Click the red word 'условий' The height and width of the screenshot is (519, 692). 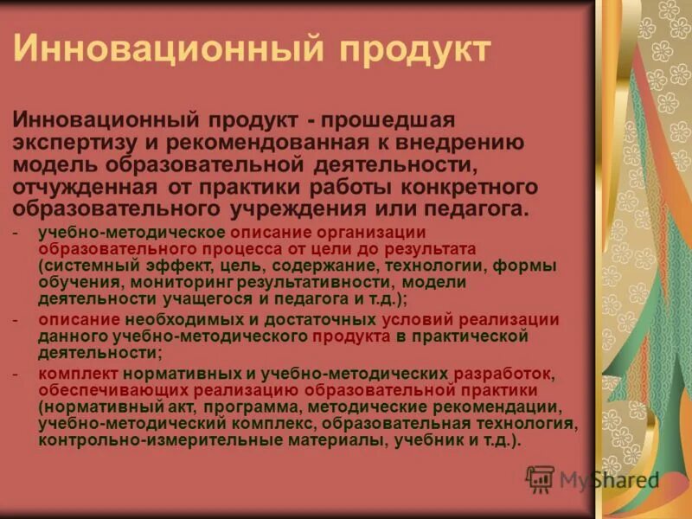click(x=417, y=319)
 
